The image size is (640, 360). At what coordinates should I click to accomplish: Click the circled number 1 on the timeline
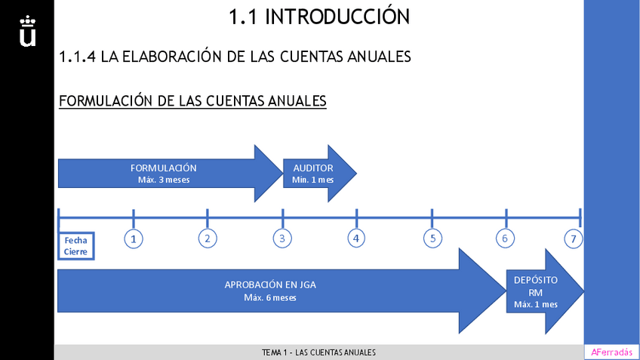[133, 238]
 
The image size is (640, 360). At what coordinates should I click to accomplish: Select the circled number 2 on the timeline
[207, 238]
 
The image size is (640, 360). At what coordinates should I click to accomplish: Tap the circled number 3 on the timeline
[282, 238]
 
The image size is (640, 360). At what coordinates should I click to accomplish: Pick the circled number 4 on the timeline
[356, 238]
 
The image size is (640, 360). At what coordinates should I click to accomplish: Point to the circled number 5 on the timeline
[432, 238]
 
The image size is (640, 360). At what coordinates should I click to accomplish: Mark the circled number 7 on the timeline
[574, 239]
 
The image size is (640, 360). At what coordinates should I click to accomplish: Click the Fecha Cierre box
[75, 246]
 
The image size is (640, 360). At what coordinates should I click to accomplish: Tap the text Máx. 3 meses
[164, 180]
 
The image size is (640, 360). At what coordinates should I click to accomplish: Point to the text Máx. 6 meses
[270, 297]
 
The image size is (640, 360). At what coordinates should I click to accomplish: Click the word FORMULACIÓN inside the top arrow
[164, 168]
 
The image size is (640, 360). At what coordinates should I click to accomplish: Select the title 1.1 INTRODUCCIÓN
[319, 16]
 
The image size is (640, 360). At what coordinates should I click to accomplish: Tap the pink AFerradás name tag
[611, 352]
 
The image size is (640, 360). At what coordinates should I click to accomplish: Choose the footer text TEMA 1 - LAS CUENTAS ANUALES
[318, 352]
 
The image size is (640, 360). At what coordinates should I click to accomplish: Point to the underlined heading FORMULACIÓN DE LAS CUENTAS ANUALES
[192, 100]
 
